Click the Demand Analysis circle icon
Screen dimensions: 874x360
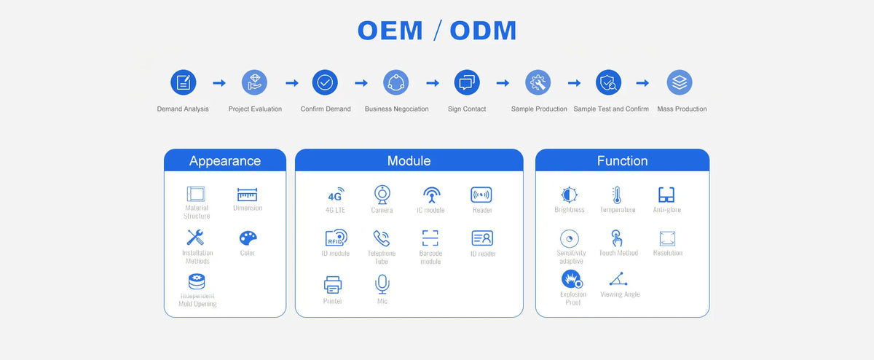click(x=184, y=82)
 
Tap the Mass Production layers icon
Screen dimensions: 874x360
click(x=680, y=82)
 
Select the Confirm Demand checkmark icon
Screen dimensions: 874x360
click(x=325, y=82)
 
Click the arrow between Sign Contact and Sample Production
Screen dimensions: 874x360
click(x=503, y=83)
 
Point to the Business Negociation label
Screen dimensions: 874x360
click(x=396, y=109)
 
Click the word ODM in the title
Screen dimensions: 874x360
click(x=483, y=31)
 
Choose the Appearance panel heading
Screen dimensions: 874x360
click(x=225, y=161)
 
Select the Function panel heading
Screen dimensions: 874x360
click(x=622, y=161)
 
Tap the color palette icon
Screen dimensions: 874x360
click(x=248, y=238)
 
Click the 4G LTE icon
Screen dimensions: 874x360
click(x=336, y=195)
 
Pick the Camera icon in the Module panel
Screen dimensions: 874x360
click(x=382, y=195)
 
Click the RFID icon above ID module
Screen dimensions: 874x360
click(x=336, y=238)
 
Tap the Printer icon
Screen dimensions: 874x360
click(x=333, y=285)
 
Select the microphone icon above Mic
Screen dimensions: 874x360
click(x=382, y=284)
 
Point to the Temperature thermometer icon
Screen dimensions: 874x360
click(x=616, y=195)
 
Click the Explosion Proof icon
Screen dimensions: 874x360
click(x=572, y=279)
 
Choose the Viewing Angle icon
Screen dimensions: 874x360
click(x=618, y=279)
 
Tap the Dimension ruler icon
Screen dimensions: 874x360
click(x=248, y=195)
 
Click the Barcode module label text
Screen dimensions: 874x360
click(x=430, y=257)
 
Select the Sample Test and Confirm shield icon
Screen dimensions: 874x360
click(x=608, y=82)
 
